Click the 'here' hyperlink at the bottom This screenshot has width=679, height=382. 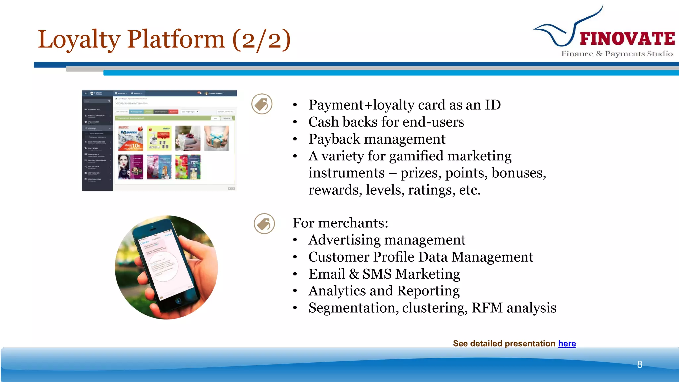point(567,344)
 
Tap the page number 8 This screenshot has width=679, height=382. point(640,364)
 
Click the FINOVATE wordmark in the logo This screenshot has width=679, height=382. point(627,39)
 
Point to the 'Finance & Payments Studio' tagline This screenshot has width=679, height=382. point(617,54)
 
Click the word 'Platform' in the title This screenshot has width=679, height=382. point(176,39)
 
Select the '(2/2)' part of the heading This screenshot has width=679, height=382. point(262,39)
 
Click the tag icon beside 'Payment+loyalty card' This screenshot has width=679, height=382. point(262,104)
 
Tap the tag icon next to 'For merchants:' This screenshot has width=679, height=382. point(264,223)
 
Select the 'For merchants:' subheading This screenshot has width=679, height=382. point(340,223)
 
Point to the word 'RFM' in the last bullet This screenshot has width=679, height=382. point(487,308)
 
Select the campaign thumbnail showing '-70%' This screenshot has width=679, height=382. point(188,167)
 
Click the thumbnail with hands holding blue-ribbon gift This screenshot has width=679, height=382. point(216,138)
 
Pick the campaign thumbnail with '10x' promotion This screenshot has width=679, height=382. point(131,138)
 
